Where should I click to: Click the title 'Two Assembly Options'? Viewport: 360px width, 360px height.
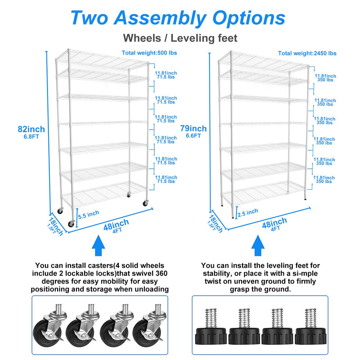point(178,18)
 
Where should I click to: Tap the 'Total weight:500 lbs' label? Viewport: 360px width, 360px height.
point(149,53)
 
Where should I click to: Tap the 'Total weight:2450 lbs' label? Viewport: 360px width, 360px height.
point(307,53)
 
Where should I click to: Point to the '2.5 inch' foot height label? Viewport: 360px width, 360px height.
point(247,211)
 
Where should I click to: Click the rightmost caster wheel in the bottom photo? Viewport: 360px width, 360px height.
point(151,326)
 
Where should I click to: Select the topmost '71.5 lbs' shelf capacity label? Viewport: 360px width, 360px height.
point(166,77)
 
